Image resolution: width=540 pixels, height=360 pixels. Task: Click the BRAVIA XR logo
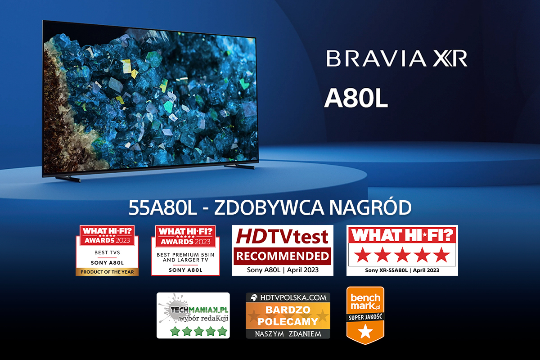click(397, 58)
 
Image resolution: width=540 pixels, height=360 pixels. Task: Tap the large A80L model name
click(356, 98)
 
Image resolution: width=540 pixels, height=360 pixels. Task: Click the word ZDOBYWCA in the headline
click(269, 207)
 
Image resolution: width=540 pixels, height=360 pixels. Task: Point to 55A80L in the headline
click(163, 207)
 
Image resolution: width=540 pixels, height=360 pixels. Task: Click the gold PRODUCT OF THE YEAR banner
click(107, 272)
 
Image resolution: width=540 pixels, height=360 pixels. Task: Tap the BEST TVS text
click(107, 252)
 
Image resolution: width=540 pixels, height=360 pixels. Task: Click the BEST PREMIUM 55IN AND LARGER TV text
click(185, 257)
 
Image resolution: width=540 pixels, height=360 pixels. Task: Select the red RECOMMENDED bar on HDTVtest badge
click(282, 256)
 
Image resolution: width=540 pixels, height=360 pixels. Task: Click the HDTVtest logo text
click(282, 236)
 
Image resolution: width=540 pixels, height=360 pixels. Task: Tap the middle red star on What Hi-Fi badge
click(402, 255)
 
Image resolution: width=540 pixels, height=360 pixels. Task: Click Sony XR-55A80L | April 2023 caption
click(402, 270)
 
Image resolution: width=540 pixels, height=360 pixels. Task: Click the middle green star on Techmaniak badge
click(199, 331)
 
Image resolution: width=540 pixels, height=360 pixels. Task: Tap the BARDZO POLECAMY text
click(288, 315)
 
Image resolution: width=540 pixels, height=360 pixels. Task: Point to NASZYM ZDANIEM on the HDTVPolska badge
click(288, 334)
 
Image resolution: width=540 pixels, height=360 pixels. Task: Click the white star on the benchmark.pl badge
click(365, 331)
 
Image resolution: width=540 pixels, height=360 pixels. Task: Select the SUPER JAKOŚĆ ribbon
click(365, 317)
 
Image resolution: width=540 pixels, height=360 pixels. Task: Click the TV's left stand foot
click(68, 179)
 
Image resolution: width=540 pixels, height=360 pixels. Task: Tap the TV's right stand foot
click(239, 166)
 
